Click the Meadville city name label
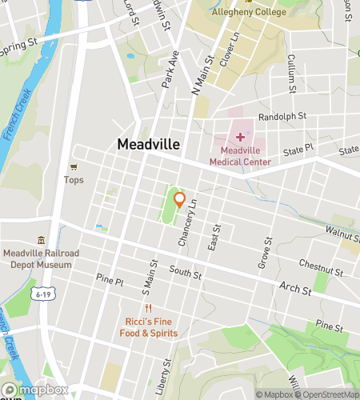click(149, 145)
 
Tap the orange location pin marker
click(180, 200)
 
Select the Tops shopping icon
click(74, 166)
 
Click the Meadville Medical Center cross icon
click(240, 137)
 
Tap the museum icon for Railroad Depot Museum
click(41, 241)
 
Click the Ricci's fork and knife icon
click(148, 309)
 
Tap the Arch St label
click(294, 286)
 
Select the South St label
click(185, 274)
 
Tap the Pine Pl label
click(110, 282)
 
